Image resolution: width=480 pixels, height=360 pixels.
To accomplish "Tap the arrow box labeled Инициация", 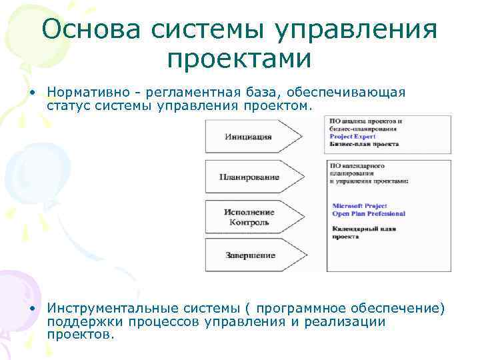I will tap(250, 137).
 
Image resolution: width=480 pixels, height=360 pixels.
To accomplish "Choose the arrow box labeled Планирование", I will tap(250, 178).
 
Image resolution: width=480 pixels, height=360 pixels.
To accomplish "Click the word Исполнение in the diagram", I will tap(249, 212).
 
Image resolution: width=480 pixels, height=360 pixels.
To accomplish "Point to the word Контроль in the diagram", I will tap(249, 222).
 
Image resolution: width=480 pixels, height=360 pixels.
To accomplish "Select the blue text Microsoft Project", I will tap(359, 206).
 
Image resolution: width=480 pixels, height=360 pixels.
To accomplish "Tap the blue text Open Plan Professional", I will tap(368, 214).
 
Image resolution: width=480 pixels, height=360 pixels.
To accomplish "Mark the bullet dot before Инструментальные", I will tap(31, 308).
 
